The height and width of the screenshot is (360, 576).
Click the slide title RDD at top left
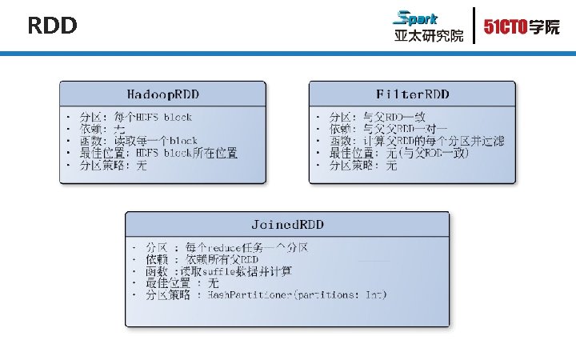point(52,26)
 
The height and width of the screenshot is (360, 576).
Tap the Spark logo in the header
point(416,18)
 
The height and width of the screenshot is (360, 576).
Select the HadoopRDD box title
point(163,94)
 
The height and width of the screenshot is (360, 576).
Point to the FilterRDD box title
point(413,94)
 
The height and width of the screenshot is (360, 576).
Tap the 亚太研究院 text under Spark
point(428,35)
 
